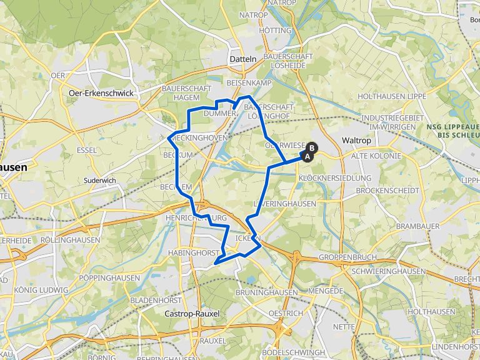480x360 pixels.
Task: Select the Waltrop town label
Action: tap(357, 141)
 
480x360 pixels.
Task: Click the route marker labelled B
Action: tap(311, 148)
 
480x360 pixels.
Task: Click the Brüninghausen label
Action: tap(266, 292)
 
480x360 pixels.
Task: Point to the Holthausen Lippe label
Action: tap(391, 97)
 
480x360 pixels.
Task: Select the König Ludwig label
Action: tap(41, 290)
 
